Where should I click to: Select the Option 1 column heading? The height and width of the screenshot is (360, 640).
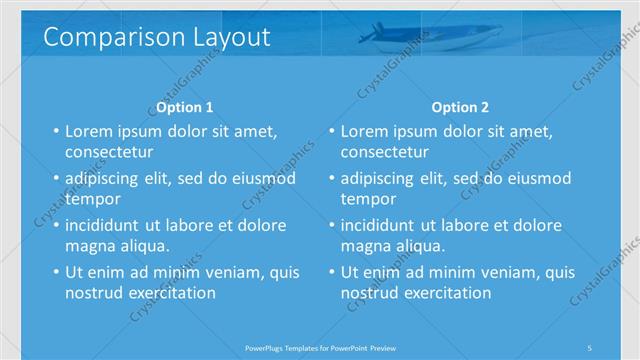pos(185,107)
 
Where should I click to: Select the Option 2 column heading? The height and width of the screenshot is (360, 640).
pos(460,107)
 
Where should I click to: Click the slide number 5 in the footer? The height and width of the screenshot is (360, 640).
pos(589,347)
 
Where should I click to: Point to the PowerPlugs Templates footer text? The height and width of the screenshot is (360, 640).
pos(320,347)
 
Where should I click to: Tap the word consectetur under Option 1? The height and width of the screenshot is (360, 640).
pos(109,152)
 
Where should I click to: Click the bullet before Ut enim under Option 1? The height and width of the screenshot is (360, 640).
pos(55,272)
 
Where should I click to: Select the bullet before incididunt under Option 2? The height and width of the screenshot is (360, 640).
pos(331,226)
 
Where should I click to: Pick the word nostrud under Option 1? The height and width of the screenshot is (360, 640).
pos(95,293)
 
